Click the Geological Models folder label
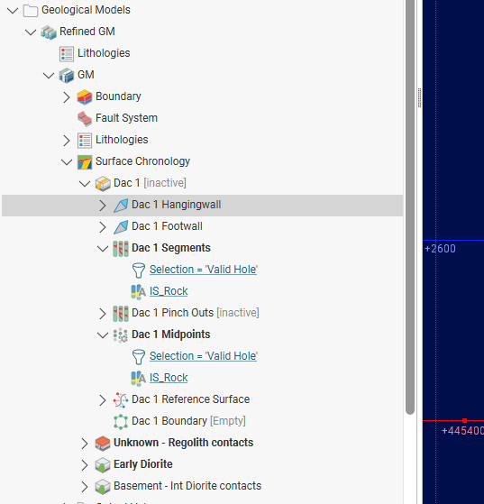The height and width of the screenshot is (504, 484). point(86,10)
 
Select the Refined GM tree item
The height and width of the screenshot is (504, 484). point(87,32)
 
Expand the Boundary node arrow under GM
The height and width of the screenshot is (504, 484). point(66,96)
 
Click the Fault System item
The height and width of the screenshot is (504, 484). point(126,118)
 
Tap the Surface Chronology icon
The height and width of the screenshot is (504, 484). point(85,161)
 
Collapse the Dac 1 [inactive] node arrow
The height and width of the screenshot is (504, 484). point(85,183)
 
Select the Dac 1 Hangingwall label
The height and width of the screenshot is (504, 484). point(176,205)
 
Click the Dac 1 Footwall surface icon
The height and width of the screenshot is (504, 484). point(121,227)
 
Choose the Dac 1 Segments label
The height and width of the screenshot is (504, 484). point(171,248)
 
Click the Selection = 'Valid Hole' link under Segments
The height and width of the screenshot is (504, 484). point(204,270)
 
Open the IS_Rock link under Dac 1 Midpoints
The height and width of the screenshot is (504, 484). point(169,378)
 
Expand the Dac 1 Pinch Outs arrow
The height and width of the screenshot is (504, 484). point(102,314)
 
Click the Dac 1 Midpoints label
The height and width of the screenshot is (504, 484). point(171,334)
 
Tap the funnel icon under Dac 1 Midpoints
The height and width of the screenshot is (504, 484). point(139,357)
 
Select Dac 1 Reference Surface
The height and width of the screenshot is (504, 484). point(190,399)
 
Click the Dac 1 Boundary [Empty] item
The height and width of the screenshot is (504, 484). point(188,421)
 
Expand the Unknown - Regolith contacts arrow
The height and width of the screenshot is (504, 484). point(84,444)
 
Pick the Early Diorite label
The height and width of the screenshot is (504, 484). point(143,464)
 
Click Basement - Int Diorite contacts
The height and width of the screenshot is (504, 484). point(187,486)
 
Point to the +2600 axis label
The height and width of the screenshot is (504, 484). point(440,249)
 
